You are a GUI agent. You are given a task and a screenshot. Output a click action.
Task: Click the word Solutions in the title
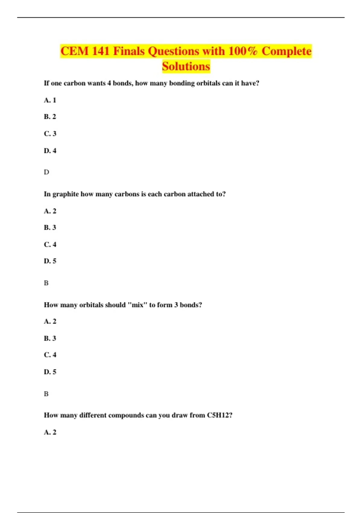(x=186, y=66)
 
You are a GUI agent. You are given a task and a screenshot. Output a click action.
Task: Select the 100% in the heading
(x=243, y=51)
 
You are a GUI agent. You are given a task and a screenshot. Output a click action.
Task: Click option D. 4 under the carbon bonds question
(x=50, y=151)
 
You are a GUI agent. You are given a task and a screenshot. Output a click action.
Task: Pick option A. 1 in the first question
(x=50, y=100)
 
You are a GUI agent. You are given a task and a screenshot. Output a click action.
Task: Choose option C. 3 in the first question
(x=50, y=134)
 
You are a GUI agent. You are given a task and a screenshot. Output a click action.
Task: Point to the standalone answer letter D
(x=46, y=172)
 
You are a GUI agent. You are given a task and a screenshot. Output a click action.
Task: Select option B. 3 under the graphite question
(x=50, y=228)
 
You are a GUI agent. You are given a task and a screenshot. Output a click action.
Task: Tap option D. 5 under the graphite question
(x=50, y=261)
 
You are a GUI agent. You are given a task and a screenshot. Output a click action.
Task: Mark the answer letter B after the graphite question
(x=46, y=283)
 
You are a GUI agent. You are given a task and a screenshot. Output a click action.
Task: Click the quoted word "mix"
(x=137, y=305)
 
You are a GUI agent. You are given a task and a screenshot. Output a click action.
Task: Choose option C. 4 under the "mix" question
(x=50, y=355)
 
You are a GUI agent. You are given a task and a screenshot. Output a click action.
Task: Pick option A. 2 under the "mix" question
(x=50, y=321)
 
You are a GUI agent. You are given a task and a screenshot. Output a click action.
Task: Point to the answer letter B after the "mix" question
(x=46, y=394)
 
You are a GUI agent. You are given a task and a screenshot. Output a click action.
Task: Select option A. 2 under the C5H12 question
(x=50, y=432)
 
